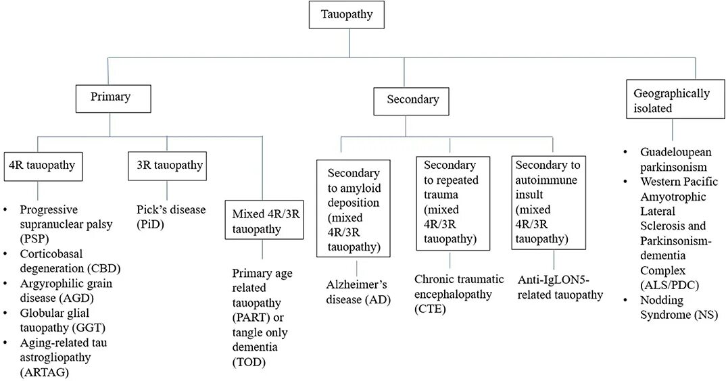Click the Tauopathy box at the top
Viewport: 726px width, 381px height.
[347, 14]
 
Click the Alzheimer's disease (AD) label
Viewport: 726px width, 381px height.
[349, 293]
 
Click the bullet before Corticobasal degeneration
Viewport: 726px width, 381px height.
[6, 254]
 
